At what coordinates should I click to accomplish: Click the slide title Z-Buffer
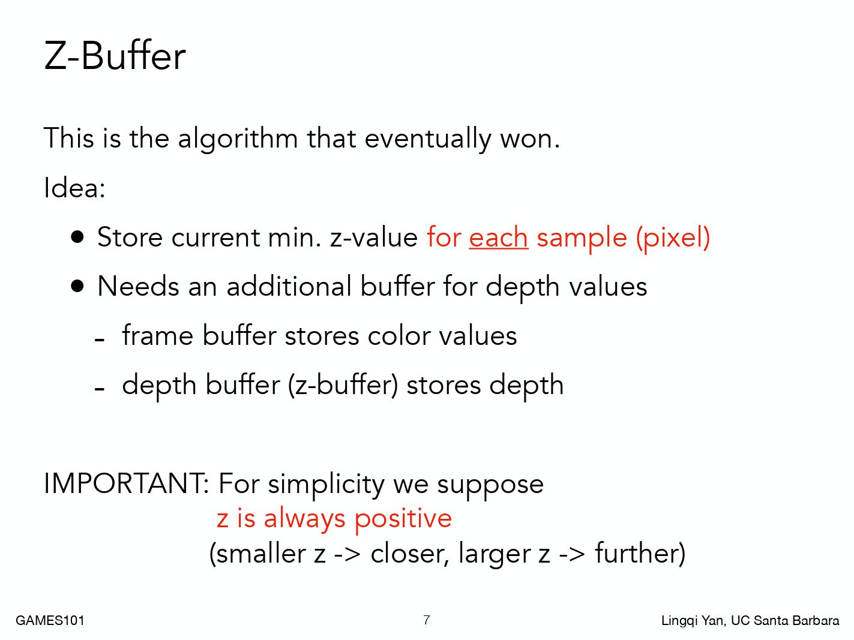click(x=115, y=56)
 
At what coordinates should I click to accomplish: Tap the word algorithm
click(x=238, y=139)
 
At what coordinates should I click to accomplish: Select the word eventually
click(x=427, y=139)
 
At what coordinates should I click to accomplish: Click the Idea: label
click(x=74, y=188)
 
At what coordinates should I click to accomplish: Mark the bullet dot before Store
click(x=77, y=237)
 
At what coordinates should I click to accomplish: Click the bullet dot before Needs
click(x=77, y=287)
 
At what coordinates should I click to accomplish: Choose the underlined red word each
click(x=498, y=237)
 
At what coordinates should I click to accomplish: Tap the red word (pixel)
click(x=673, y=238)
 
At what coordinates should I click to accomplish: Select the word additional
click(x=289, y=287)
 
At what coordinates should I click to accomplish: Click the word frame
click(x=158, y=335)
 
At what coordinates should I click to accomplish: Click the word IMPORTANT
click(x=124, y=484)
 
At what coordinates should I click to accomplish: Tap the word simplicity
click(x=326, y=485)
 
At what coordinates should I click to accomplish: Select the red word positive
click(x=403, y=519)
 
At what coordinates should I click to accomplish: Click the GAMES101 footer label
click(x=50, y=620)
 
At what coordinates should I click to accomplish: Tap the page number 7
click(x=427, y=620)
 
